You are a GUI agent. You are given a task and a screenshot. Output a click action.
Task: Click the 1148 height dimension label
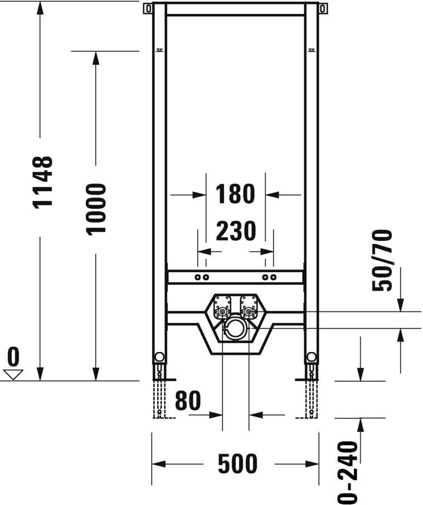tap(43, 182)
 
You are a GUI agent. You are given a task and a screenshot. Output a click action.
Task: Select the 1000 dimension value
tap(96, 209)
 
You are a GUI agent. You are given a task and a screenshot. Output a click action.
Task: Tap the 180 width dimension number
tap(235, 194)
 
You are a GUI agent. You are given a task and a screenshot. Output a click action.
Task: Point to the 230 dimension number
tap(236, 231)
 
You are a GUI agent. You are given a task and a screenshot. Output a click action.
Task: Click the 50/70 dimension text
tap(382, 261)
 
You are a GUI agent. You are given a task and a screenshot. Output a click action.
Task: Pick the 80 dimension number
tap(188, 401)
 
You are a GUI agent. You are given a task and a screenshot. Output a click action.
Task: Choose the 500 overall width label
tap(238, 464)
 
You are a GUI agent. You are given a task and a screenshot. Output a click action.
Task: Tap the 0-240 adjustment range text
tap(348, 473)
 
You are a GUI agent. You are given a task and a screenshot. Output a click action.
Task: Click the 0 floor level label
tap(13, 357)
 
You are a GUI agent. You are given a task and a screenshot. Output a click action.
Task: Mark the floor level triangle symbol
tap(13, 375)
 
